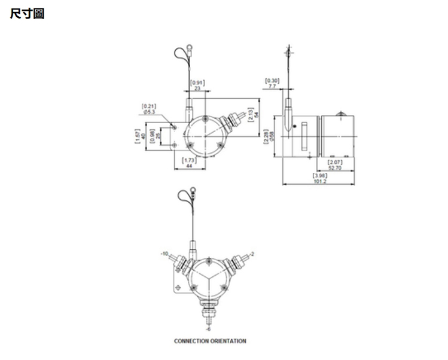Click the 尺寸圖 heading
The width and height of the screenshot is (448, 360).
click(28, 13)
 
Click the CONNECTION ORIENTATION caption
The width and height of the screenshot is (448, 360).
click(210, 341)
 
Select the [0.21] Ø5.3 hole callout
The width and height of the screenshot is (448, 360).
click(148, 109)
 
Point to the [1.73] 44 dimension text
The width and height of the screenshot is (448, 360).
click(189, 163)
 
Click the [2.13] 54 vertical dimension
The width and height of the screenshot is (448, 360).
click(255, 114)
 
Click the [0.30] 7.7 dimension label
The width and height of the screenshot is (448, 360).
click(272, 84)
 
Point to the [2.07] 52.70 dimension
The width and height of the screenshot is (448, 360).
click(336, 166)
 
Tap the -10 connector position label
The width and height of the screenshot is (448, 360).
click(164, 254)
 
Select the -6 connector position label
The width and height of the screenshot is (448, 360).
click(208, 328)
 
